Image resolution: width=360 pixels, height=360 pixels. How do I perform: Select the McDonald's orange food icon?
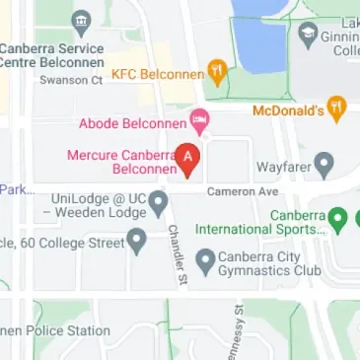[336, 108]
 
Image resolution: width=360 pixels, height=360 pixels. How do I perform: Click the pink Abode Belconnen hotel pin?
[200, 123]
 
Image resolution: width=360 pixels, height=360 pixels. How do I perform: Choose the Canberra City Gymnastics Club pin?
[205, 260]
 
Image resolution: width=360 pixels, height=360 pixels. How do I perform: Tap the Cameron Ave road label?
[243, 191]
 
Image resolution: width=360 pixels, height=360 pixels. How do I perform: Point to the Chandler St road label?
[177, 255]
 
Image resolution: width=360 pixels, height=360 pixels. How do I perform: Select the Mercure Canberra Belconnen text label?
[121, 162]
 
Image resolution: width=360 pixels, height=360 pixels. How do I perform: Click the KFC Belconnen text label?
[158, 74]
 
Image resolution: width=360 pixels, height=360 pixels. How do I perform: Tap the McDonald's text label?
[288, 109]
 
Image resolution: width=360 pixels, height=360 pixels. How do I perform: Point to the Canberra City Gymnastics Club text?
[269, 262]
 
